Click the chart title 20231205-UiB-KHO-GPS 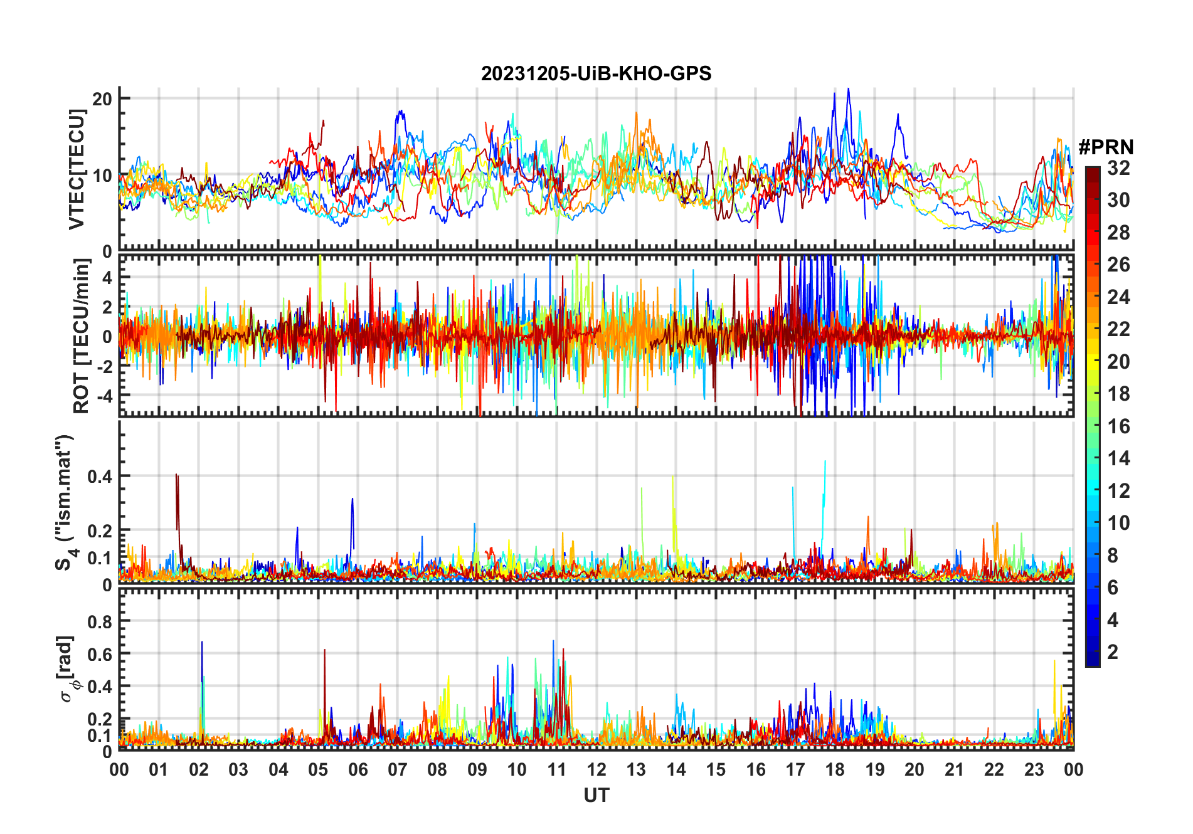click(596, 74)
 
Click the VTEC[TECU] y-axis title click(78, 169)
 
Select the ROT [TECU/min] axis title click(82, 336)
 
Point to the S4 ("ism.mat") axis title click(64, 502)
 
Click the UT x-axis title click(596, 796)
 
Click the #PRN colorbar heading click(1106, 147)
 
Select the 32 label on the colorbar click(1118, 168)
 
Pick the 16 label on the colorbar click(1118, 426)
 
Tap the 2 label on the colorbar click(1113, 652)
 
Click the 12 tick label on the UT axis click(596, 770)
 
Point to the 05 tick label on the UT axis click(318, 770)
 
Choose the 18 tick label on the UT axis click(835, 770)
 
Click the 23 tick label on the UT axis click(1034, 770)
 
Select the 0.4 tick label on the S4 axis click(100, 477)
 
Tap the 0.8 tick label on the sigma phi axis click(100, 621)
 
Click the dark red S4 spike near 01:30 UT click(177, 477)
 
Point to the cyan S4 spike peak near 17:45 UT click(825, 462)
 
